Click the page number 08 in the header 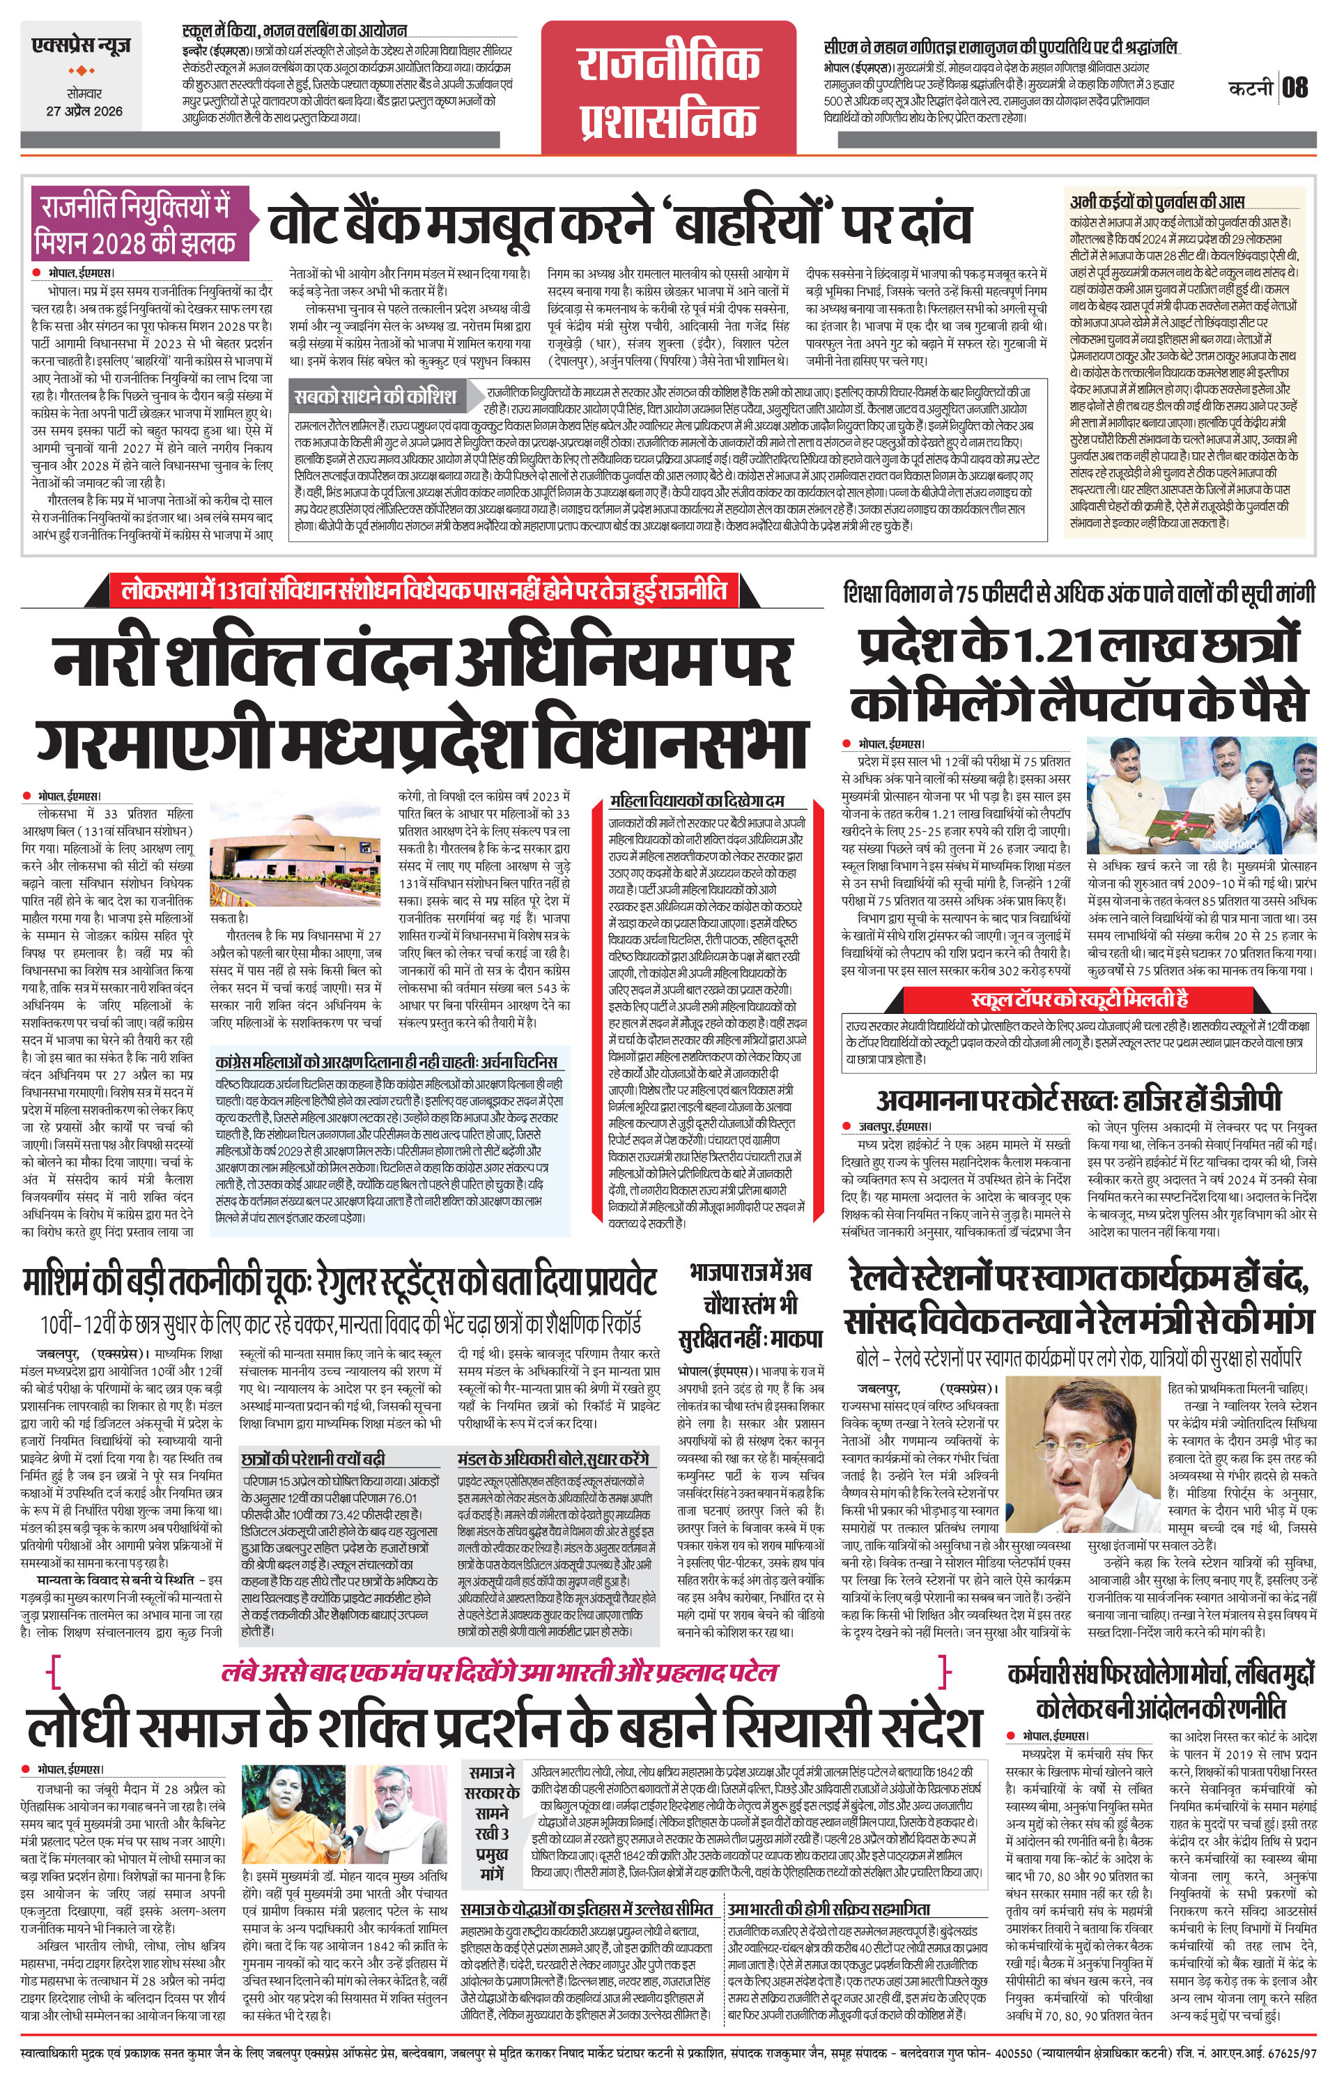(x=1295, y=88)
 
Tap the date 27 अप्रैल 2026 (x=84, y=111)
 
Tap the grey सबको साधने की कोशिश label (x=374, y=397)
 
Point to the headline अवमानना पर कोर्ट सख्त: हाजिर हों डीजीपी (x=1079, y=1099)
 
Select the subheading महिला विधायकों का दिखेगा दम (x=697, y=800)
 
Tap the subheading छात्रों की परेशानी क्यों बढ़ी (x=313, y=1459)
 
